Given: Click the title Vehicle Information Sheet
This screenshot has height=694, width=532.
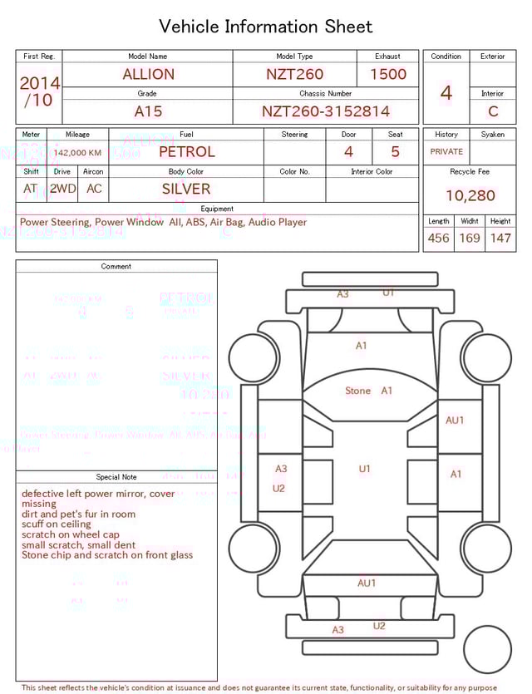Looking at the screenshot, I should click(x=265, y=27).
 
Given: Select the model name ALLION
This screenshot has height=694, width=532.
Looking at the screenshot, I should click(x=148, y=74).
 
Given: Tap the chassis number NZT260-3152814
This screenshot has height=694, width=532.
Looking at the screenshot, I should click(x=325, y=111).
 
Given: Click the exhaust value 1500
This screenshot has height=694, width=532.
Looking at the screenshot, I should click(x=388, y=74).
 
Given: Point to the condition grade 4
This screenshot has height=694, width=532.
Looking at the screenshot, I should click(x=446, y=92).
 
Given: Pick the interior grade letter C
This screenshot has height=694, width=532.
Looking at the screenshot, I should click(x=493, y=111).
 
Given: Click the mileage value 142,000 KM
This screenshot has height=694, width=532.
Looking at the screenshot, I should click(x=80, y=153).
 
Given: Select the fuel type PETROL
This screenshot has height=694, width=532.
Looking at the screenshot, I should click(x=186, y=152).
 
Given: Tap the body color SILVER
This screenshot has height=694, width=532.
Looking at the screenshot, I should click(x=186, y=189).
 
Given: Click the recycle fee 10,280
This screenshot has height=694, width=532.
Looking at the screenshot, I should click(x=470, y=196).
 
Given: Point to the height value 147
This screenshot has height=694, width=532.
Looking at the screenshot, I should click(x=500, y=239).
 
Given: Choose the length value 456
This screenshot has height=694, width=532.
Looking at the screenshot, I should click(x=438, y=239).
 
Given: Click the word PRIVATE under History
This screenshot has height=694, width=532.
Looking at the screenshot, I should click(x=446, y=152).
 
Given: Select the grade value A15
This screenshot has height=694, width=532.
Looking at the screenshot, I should click(x=148, y=111).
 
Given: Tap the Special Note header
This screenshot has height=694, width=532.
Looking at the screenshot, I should click(x=116, y=477).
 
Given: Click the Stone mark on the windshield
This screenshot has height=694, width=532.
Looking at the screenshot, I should click(x=358, y=391).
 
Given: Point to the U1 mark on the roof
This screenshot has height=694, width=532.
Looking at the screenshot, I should click(x=364, y=470).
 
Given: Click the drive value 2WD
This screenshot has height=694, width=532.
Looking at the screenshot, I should click(x=62, y=189).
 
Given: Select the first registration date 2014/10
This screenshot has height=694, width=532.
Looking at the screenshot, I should click(x=39, y=91).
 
